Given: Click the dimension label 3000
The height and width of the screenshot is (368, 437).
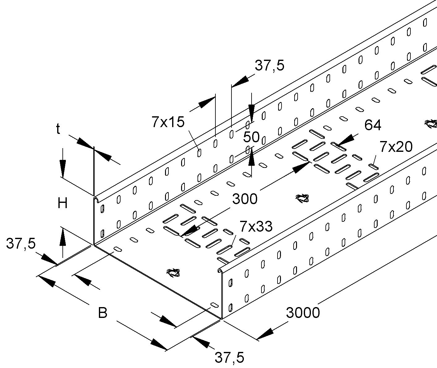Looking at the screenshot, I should pos(303,313).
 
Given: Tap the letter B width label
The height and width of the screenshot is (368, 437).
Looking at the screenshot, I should pos(103,312).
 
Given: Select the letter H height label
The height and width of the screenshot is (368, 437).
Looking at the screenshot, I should pos(63,203).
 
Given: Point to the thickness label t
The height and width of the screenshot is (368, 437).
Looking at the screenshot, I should pos(58,129).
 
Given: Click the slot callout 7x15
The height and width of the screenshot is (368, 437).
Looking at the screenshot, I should pos(168,122).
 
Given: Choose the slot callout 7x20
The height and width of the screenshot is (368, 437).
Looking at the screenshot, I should pos(396,147).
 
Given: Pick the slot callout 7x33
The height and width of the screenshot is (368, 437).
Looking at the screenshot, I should pos(256,226).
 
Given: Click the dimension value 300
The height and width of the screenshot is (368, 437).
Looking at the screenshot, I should pos(245,199).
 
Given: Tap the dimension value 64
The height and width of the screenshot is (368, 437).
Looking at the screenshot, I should pos(373,125).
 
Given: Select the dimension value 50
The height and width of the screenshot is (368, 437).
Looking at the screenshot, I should pos(251,137).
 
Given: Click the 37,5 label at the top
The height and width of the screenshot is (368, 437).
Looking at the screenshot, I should pos(269,66).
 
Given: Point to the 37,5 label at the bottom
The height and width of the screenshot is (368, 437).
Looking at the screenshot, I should pos(229,358).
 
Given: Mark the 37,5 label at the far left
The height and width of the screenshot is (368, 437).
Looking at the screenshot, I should pos(21,244).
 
